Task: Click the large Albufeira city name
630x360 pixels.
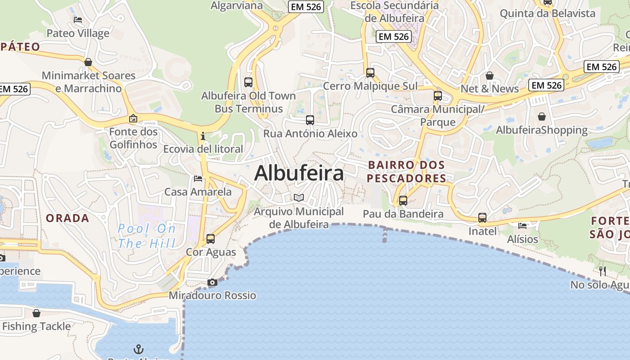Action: click(299, 173)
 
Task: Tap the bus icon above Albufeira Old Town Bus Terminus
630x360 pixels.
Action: click(248, 82)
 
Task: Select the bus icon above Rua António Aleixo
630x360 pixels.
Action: click(310, 120)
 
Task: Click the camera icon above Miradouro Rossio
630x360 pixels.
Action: click(212, 283)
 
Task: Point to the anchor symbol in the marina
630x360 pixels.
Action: click(139, 349)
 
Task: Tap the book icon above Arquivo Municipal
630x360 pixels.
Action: click(298, 198)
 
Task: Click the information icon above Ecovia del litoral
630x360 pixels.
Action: click(203, 135)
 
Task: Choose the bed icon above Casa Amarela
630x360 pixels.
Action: click(198, 179)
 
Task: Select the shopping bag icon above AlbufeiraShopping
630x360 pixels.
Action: click(542, 117)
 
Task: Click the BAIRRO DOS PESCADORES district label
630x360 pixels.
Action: click(406, 172)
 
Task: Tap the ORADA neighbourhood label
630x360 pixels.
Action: click(67, 218)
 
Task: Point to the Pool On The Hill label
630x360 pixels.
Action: click(147, 236)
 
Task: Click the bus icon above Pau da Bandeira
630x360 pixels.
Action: click(403, 201)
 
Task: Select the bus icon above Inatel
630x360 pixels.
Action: click(482, 218)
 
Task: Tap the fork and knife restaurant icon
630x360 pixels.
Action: click(603, 271)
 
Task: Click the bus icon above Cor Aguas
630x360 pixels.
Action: click(211, 239)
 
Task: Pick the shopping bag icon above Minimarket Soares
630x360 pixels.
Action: click(88, 62)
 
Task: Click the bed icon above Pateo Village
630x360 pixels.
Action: click(78, 20)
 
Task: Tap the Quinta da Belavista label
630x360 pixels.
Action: click(548, 13)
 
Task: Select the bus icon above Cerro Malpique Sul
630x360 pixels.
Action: click(370, 72)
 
